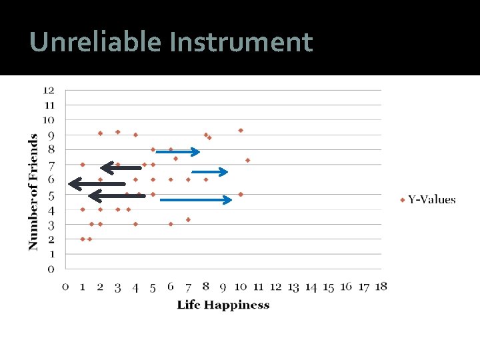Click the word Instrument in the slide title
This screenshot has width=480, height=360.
click(241, 42)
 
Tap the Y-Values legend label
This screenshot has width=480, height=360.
click(431, 199)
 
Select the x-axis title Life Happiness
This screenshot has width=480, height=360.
click(223, 305)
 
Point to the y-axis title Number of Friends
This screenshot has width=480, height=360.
click(33, 192)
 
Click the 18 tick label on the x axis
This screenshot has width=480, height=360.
click(381, 287)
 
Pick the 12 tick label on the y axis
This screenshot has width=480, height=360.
click(49, 90)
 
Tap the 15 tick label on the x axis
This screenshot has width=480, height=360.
click(328, 287)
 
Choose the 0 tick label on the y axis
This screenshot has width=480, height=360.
click(50, 269)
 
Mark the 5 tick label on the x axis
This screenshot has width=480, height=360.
click(153, 287)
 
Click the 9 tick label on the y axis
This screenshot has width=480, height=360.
click(50, 135)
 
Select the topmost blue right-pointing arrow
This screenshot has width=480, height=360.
click(177, 152)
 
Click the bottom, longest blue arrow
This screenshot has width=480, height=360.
click(196, 199)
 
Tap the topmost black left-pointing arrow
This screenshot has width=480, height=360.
click(121, 167)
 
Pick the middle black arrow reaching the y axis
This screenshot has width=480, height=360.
click(97, 183)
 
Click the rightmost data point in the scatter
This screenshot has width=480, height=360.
click(247, 160)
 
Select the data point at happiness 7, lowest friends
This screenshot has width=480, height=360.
click(188, 219)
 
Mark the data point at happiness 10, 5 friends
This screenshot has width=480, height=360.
click(241, 194)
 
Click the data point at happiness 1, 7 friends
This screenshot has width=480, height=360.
click(83, 164)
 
